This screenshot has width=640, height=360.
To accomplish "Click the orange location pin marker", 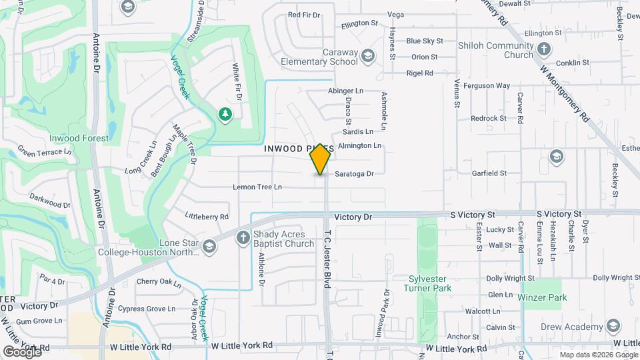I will click(x=321, y=159).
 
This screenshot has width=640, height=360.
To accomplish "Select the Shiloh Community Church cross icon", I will click(x=544, y=49).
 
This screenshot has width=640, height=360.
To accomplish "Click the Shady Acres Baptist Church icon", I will click(x=243, y=237).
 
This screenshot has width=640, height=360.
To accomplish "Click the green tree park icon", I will click(x=225, y=115).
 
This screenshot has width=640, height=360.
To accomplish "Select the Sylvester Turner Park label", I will click(x=427, y=283).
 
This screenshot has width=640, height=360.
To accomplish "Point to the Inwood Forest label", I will click(x=79, y=138).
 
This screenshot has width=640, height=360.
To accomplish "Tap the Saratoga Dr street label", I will click(x=354, y=173).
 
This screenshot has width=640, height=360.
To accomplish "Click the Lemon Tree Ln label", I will click(x=257, y=187).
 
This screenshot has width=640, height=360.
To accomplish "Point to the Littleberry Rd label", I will click(x=207, y=216).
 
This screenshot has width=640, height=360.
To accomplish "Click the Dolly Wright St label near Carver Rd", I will click(x=511, y=277).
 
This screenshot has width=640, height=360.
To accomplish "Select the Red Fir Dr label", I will click(x=304, y=14).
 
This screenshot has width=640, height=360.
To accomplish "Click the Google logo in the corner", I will click(x=22, y=351).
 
